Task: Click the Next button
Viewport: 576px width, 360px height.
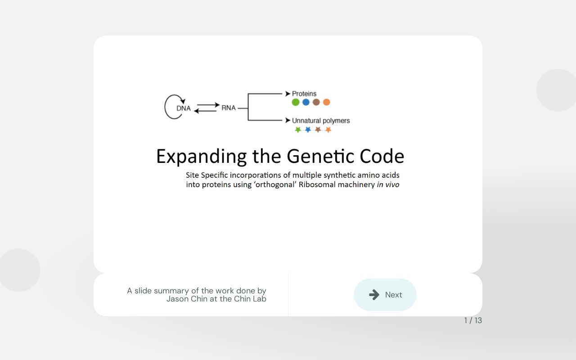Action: (385, 295)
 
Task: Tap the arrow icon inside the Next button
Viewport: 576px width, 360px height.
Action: (374, 295)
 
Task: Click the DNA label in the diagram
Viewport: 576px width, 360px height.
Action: (183, 108)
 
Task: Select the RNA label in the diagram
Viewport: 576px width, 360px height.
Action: (229, 108)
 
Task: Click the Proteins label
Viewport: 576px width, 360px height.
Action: (304, 94)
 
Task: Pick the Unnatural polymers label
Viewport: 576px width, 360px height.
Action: (320, 121)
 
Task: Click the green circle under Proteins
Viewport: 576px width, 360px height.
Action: (296, 102)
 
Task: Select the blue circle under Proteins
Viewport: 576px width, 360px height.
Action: (306, 102)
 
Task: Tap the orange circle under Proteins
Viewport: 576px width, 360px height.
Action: (327, 102)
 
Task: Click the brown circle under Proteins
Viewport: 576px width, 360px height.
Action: (316, 102)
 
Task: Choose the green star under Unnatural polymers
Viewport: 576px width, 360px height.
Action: (298, 130)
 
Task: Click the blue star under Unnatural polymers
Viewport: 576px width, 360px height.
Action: (308, 130)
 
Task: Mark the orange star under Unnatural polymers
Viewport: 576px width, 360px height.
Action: (328, 130)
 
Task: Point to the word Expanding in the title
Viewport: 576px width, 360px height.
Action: (201, 157)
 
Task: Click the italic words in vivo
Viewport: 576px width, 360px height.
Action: (388, 184)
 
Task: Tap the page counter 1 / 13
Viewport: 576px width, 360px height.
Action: (473, 320)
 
